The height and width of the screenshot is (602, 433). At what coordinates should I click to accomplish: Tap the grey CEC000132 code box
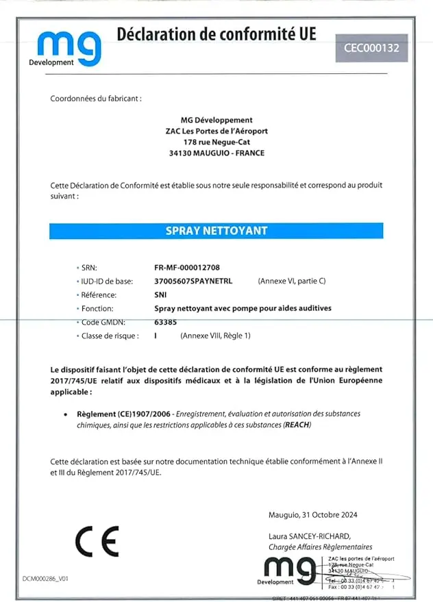tap(375, 49)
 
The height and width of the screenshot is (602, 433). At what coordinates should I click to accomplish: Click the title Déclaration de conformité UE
tap(216, 33)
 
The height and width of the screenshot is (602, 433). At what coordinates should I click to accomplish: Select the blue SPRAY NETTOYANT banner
tap(216, 231)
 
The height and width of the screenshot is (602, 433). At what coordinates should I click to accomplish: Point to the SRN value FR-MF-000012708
tap(187, 267)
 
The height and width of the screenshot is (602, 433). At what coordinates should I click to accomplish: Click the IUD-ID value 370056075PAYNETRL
tap(194, 281)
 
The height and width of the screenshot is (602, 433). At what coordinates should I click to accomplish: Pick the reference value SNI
tap(161, 294)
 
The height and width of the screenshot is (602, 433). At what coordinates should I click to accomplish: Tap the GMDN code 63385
tap(166, 322)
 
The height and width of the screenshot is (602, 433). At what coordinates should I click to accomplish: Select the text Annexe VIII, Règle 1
tap(215, 336)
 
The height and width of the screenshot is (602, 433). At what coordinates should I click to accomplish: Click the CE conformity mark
tap(97, 541)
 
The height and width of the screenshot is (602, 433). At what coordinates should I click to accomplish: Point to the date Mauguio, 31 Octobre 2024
tap(314, 515)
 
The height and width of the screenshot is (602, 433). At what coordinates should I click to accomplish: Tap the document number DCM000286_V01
tap(45, 579)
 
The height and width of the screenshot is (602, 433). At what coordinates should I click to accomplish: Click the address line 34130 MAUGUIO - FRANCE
tap(216, 153)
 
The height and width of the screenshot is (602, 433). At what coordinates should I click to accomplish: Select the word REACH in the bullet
tap(297, 425)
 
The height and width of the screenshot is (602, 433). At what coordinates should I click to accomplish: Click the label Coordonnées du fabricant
tap(96, 99)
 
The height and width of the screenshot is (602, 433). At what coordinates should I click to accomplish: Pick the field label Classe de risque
tap(110, 336)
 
